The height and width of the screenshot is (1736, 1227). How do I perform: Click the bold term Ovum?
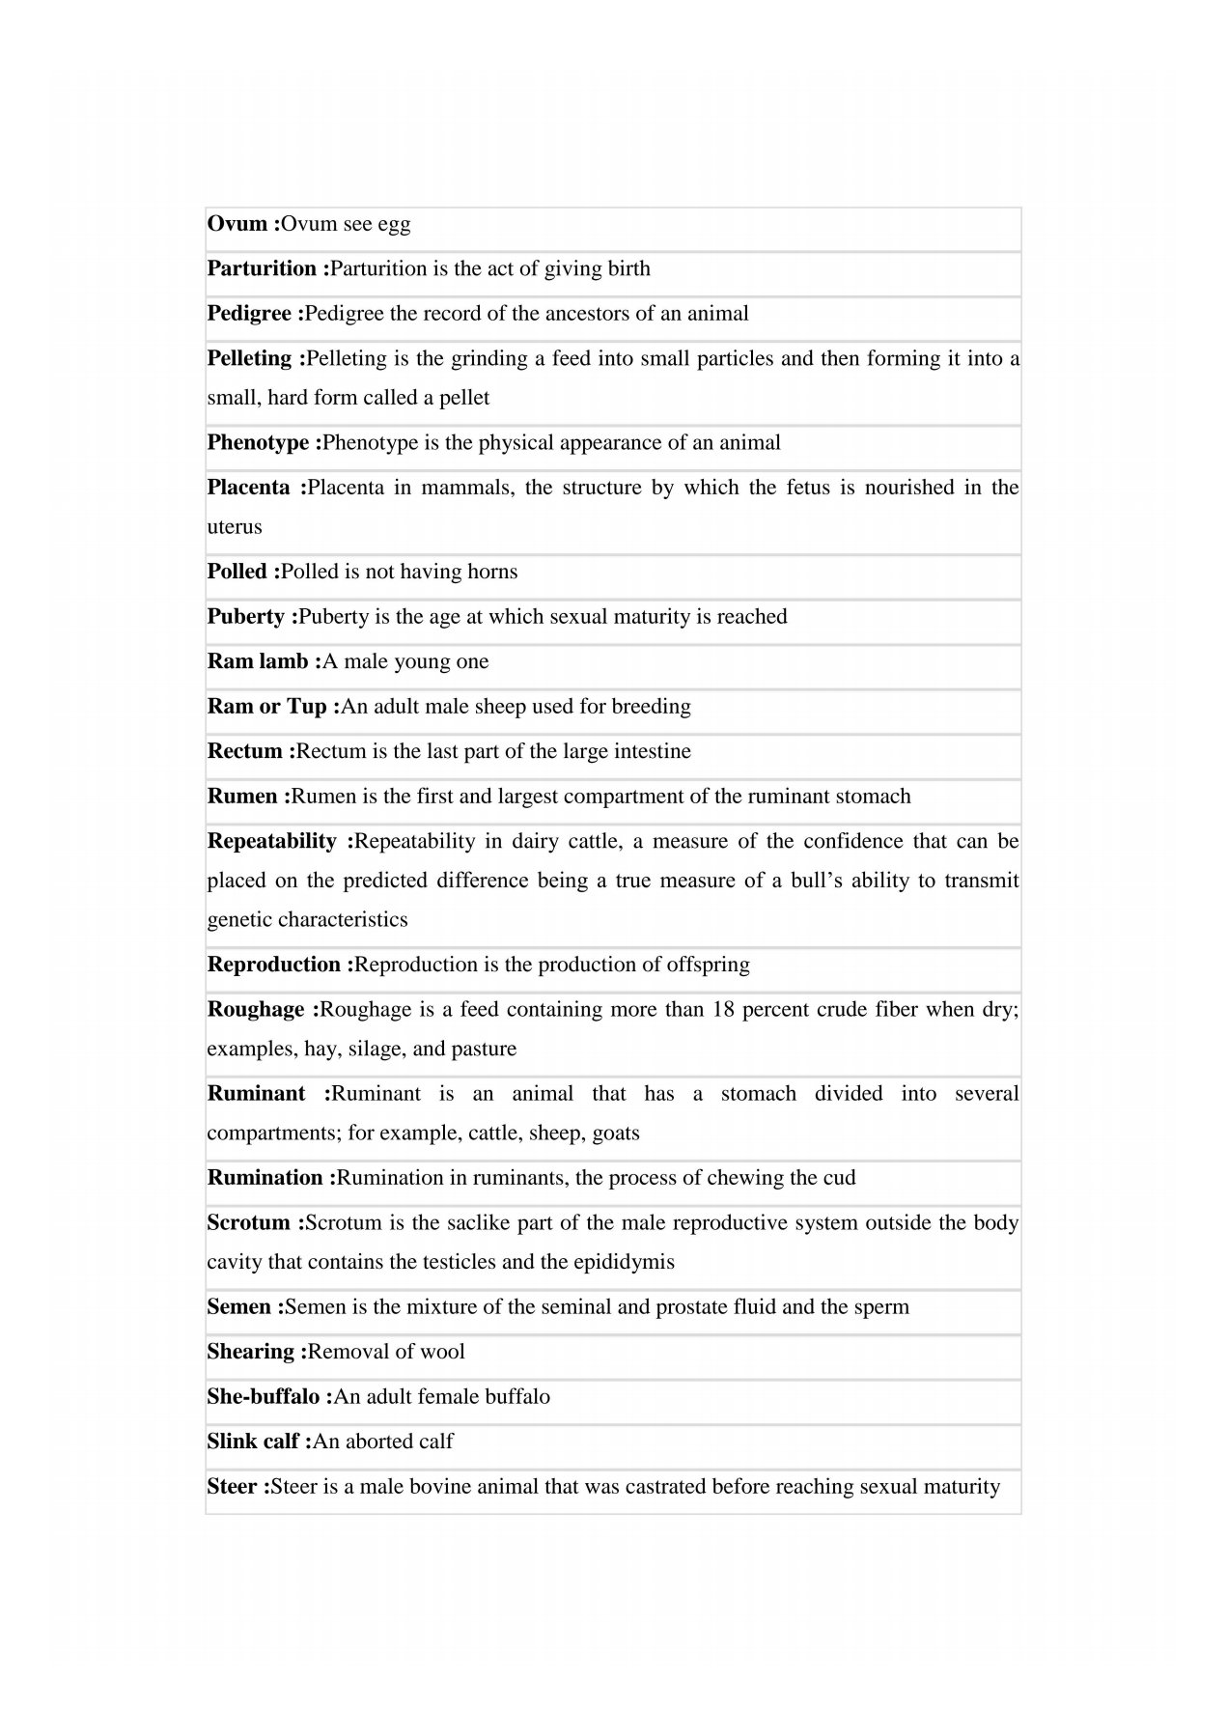pyautogui.click(x=237, y=224)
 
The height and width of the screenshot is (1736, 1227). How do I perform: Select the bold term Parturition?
pyautogui.click(x=262, y=268)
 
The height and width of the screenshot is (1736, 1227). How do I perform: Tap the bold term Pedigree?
pyautogui.click(x=249, y=314)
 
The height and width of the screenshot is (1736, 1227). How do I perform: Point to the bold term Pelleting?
pyautogui.click(x=249, y=358)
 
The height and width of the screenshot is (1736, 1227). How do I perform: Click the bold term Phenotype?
pyautogui.click(x=258, y=443)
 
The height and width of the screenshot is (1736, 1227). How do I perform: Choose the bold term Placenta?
pyautogui.click(x=248, y=488)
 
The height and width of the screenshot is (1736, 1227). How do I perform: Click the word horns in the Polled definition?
pyautogui.click(x=492, y=572)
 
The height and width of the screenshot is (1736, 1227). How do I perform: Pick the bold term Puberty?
pyautogui.click(x=245, y=617)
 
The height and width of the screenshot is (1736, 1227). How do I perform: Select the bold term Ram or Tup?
pyautogui.click(x=266, y=707)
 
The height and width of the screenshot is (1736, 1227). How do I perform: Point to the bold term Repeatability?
pyautogui.click(x=271, y=841)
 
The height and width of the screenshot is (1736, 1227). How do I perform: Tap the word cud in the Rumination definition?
pyautogui.click(x=839, y=1178)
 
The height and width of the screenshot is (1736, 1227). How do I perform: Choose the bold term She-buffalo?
pyautogui.click(x=263, y=1397)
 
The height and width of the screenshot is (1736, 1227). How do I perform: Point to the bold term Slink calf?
pyautogui.click(x=253, y=1442)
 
